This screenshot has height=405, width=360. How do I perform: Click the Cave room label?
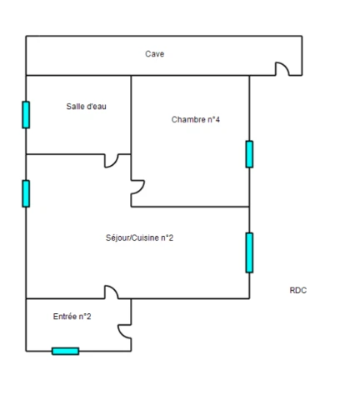[x=154, y=53]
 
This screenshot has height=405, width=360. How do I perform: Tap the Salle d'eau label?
[x=86, y=107]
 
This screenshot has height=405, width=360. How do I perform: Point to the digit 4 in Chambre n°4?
[x=217, y=120]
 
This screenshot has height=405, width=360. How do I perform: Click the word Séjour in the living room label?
[x=117, y=238]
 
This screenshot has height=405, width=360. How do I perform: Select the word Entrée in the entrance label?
[x=64, y=317]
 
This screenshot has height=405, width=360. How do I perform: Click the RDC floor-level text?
[x=298, y=290]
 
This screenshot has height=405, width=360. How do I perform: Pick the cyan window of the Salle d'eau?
[x=26, y=115]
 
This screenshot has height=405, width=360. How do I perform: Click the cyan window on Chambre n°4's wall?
[x=249, y=154]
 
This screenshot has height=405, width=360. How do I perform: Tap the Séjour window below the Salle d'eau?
[x=26, y=193]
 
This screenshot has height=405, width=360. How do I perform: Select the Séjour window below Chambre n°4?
[x=249, y=252]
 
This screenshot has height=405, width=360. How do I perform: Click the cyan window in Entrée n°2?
[x=66, y=351]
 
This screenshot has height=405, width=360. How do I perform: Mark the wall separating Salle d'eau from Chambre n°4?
[x=131, y=114]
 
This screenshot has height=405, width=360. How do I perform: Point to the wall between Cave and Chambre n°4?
[x=190, y=75]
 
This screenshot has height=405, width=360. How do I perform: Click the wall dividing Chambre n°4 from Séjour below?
[x=190, y=207]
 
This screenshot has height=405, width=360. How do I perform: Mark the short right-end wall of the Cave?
[x=302, y=56]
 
